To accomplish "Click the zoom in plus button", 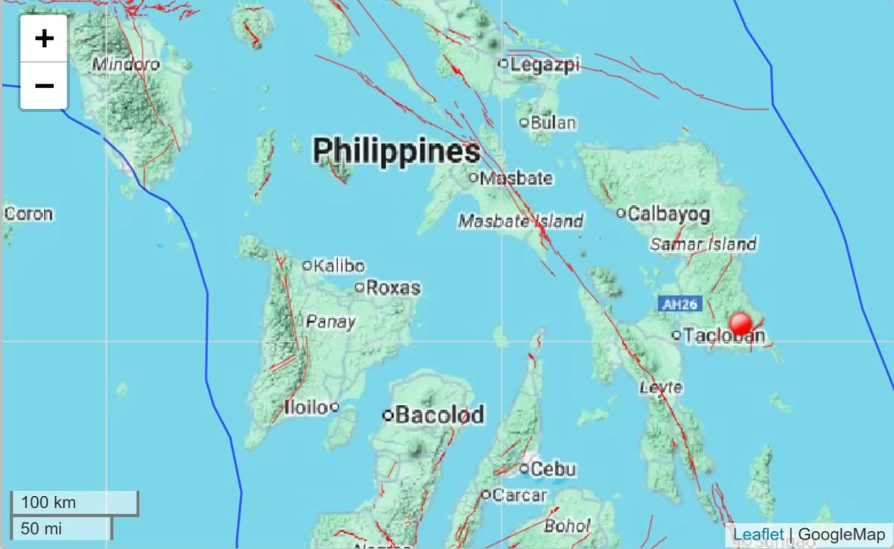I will click(44, 39).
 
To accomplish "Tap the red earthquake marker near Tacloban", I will click(741, 324).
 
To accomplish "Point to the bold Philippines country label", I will click(396, 151).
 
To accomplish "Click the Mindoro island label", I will click(126, 65).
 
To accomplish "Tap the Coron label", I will click(28, 214).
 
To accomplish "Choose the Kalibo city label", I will click(339, 266).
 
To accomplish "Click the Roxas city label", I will click(393, 287).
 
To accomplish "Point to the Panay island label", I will click(331, 322).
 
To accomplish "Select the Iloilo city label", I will click(306, 407).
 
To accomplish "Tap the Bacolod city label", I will click(440, 415).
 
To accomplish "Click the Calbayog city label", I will click(669, 214).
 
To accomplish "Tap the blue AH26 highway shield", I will click(676, 304).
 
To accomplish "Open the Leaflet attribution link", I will click(758, 534).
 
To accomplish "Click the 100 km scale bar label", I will click(48, 502).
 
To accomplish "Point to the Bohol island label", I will click(567, 526).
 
